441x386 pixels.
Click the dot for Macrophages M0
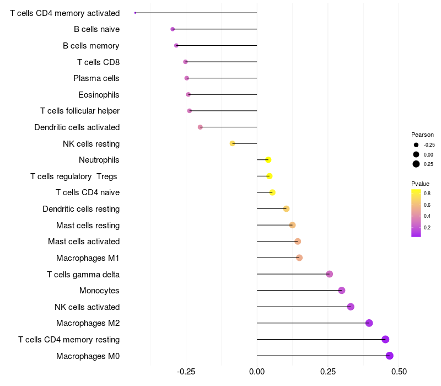(389, 356)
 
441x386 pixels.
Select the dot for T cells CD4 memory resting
(385, 339)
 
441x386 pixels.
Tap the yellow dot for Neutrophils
(268, 160)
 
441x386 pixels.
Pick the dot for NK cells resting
(232, 143)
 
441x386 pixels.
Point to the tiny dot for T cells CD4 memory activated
(135, 13)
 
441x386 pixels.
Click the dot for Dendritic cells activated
(200, 127)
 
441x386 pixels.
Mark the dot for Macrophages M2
(369, 323)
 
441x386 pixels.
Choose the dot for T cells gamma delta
(329, 274)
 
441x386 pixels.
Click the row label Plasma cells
(96, 78)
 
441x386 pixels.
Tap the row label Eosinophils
(99, 95)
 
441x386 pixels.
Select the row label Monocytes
(99, 291)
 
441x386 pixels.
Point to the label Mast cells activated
(84, 242)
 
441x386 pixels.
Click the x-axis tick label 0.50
(399, 372)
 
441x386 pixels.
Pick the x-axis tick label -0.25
(186, 372)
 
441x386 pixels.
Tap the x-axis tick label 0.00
(257, 372)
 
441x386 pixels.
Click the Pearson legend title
(422, 135)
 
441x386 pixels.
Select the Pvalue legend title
(420, 184)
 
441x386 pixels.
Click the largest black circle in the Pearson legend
(416, 164)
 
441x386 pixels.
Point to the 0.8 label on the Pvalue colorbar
(427, 194)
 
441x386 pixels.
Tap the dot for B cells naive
(173, 29)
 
